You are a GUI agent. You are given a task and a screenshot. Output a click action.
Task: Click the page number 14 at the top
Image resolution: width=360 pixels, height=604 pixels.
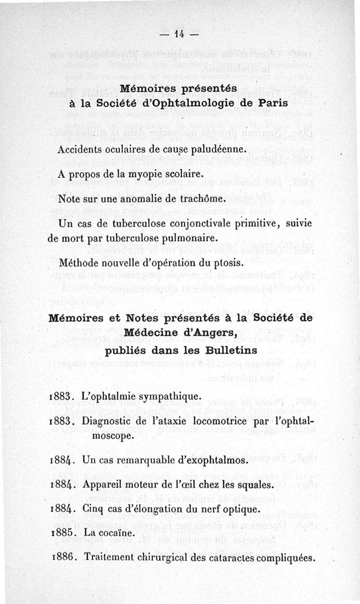pyautogui.click(x=180, y=34)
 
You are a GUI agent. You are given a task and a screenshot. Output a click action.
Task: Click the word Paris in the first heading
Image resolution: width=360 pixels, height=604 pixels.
pyautogui.click(x=273, y=103)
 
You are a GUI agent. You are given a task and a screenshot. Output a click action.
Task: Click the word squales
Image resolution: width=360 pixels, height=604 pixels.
pyautogui.click(x=258, y=486)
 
